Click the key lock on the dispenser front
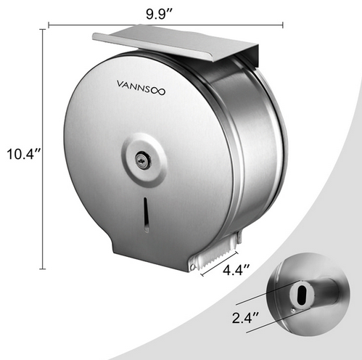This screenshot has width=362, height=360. click(144, 161)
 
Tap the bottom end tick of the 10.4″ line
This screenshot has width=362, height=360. click(41, 269)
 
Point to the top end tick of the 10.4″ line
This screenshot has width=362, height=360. click(41, 29)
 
